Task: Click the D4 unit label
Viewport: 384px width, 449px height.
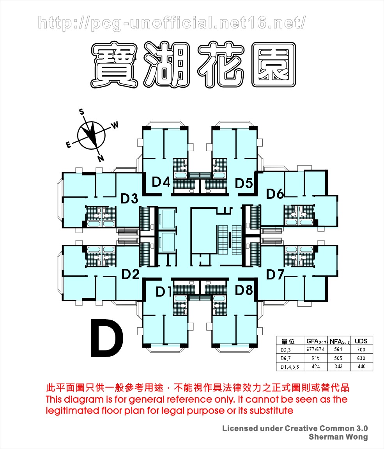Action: pos(161,182)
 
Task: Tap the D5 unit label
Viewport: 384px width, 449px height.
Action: pos(244,183)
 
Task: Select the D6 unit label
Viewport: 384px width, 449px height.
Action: pos(275,194)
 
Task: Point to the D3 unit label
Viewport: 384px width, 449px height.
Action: pos(129,198)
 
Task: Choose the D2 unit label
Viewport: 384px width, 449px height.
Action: pos(131,274)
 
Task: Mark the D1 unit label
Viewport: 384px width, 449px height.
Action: pos(164,292)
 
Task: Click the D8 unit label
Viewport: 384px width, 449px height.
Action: pos(244,290)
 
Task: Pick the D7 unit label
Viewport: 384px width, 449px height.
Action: pos(275,275)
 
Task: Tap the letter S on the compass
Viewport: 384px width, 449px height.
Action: pos(81,112)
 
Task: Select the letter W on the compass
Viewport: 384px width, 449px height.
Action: pos(115,125)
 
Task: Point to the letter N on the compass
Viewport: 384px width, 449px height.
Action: pos(101,158)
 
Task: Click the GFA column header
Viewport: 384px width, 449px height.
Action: pos(317,341)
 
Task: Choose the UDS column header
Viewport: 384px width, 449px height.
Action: pos(361,341)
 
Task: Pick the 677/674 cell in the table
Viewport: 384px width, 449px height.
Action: pos(315,349)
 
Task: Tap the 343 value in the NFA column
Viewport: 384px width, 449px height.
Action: pos(338,366)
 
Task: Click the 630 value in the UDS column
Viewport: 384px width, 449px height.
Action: pos(361,358)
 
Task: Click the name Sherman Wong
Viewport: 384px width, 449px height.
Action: pos(338,437)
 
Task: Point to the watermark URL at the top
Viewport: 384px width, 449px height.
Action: pos(172,23)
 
